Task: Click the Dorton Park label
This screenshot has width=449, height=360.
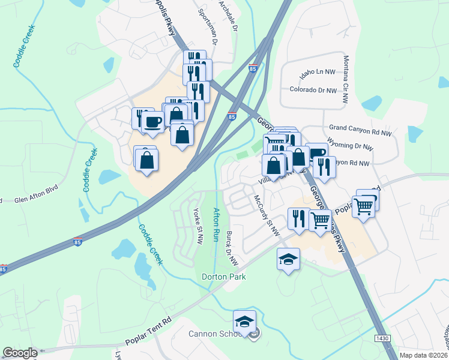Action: click(224, 277)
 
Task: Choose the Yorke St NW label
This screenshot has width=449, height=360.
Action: click(197, 220)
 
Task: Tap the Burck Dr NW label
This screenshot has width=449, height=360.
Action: click(232, 250)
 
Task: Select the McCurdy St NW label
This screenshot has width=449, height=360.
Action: click(267, 215)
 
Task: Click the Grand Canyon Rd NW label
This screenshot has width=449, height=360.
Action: click(360, 128)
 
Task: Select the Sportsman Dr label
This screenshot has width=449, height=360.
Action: click(204, 25)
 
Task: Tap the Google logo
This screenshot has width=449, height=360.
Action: click(20, 353)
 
